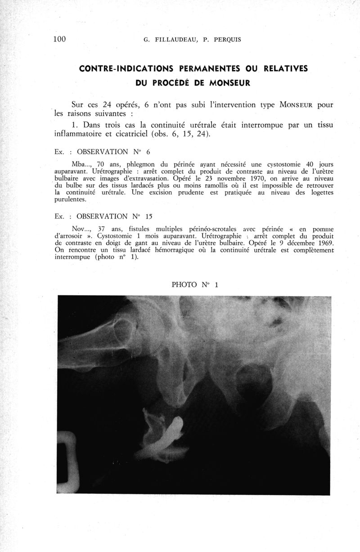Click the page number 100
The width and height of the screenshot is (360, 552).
point(59,39)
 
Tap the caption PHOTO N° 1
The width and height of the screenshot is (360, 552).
point(195,284)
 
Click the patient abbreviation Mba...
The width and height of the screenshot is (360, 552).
point(81,165)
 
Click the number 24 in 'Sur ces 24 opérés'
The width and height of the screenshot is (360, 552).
point(110,105)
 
